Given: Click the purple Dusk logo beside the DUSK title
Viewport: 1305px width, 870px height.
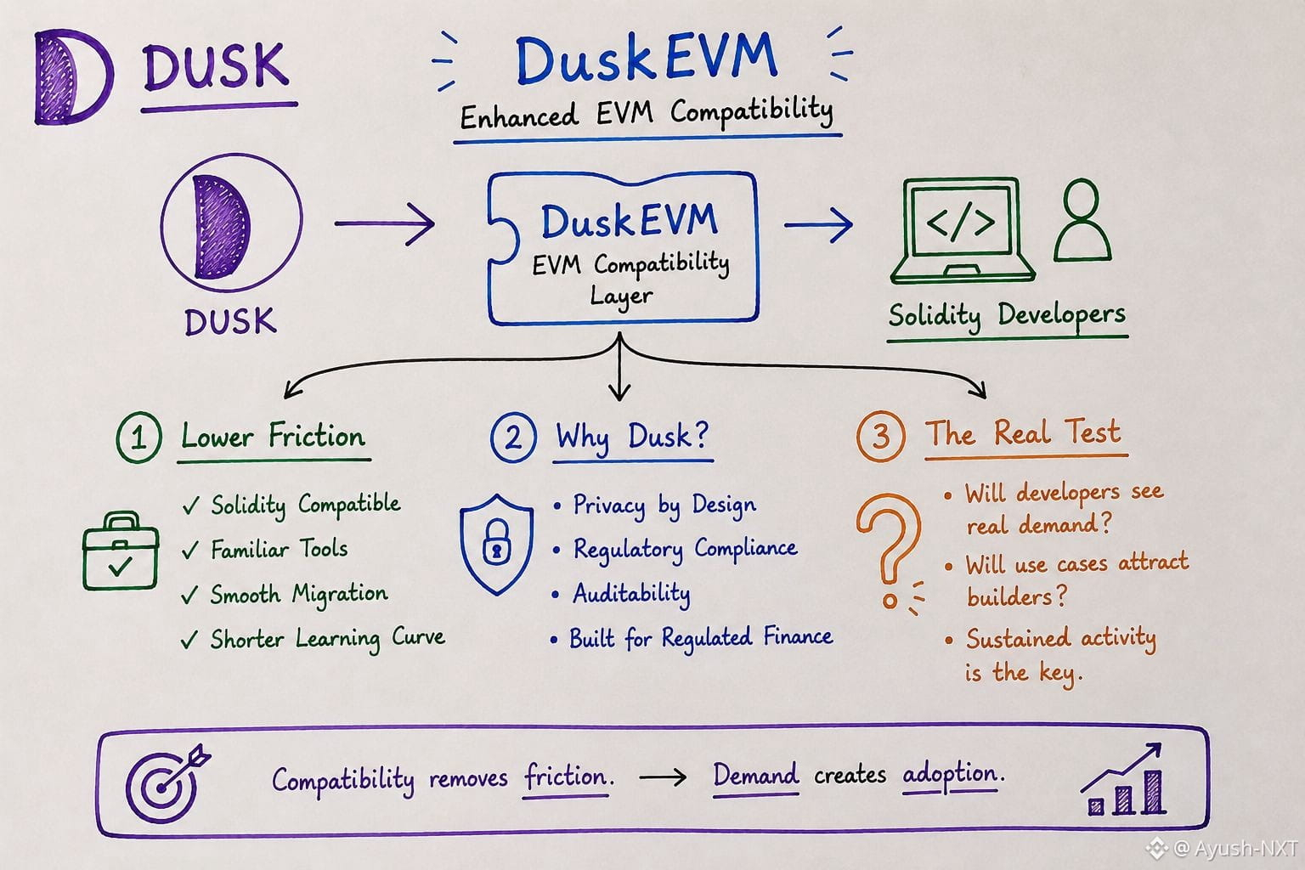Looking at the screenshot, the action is [73, 76].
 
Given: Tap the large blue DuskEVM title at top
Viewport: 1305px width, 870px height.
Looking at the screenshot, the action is [646, 59].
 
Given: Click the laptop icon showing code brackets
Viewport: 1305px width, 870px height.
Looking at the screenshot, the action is [963, 231].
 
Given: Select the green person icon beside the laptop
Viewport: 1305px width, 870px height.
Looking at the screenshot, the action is [1082, 220].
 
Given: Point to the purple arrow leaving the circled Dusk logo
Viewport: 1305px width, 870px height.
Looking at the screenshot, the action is [385, 223].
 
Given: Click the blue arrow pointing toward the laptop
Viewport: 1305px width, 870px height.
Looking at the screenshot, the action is [818, 224].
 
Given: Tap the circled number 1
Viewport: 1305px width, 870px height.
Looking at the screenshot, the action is [138, 437].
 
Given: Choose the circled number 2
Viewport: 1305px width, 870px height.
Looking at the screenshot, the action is [512, 437].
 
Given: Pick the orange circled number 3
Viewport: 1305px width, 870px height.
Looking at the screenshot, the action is [880, 436].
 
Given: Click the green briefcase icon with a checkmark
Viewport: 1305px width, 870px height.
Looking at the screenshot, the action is [121, 551].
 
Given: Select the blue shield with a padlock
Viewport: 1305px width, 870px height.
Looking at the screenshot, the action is [496, 545].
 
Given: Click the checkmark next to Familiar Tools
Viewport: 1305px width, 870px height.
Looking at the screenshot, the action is [190, 550].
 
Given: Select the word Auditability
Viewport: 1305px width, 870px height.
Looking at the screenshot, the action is [631, 595].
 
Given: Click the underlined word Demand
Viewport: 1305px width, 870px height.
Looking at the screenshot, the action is [755, 775].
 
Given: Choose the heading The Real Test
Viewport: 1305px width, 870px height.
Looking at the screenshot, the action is [1023, 433].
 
